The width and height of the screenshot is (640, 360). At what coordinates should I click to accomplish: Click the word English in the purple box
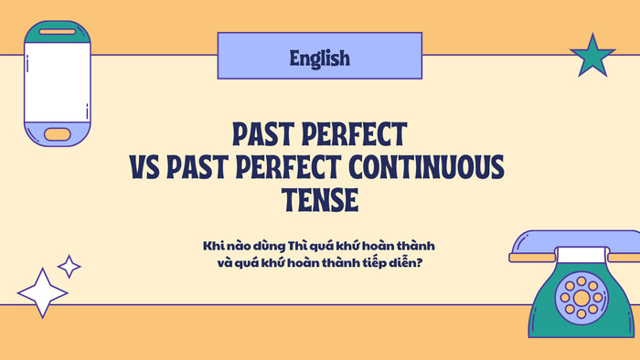320,58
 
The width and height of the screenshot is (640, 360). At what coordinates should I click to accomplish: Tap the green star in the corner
592,57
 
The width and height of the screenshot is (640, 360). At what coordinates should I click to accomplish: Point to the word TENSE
319,199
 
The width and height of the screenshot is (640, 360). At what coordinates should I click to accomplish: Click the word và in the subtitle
218,261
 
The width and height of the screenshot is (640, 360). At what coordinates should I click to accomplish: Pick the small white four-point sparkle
69,266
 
